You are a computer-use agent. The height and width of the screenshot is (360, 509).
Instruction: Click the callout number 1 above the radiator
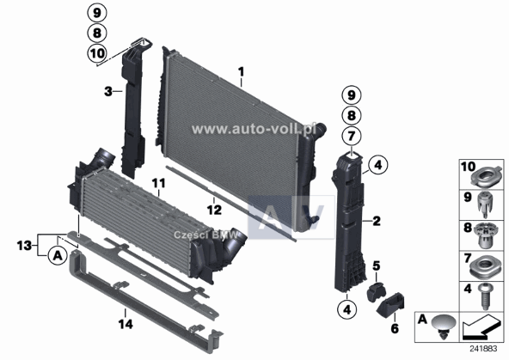tap(242, 70)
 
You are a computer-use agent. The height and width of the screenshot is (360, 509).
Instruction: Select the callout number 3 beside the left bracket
tap(107, 90)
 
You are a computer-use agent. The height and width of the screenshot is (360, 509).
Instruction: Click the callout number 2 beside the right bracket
tap(376, 221)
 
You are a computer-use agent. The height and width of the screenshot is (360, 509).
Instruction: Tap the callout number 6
tap(396, 328)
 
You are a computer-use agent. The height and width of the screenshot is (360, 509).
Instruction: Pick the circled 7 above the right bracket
tap(350, 135)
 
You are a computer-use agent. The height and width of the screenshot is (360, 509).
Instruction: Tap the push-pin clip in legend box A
tap(444, 326)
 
